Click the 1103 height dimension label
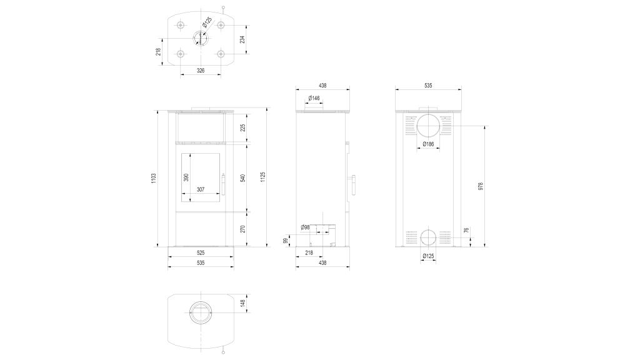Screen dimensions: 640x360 click(x=154, y=177)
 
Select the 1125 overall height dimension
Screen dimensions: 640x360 click(x=263, y=177)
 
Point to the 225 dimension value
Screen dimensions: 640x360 click(x=243, y=128)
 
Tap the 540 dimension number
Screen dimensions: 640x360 click(x=243, y=178)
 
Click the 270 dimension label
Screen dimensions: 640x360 click(x=243, y=229)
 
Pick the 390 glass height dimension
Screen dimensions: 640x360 click(x=186, y=177)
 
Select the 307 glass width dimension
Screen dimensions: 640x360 click(x=201, y=189)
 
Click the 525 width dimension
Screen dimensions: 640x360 click(x=201, y=253)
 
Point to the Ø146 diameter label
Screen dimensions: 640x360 click(x=314, y=98)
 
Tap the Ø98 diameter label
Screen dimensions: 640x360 click(x=305, y=227)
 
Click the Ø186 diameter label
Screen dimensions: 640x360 click(x=428, y=144)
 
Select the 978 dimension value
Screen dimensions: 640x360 click(x=481, y=186)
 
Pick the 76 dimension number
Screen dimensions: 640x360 click(x=466, y=231)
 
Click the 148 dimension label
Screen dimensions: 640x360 click(x=243, y=303)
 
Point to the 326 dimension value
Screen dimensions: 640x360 click(x=201, y=71)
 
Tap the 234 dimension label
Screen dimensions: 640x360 click(x=242, y=39)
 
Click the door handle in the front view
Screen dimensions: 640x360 click(x=223, y=185)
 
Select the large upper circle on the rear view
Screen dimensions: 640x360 click(x=428, y=126)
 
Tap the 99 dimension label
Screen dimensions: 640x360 click(x=285, y=241)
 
